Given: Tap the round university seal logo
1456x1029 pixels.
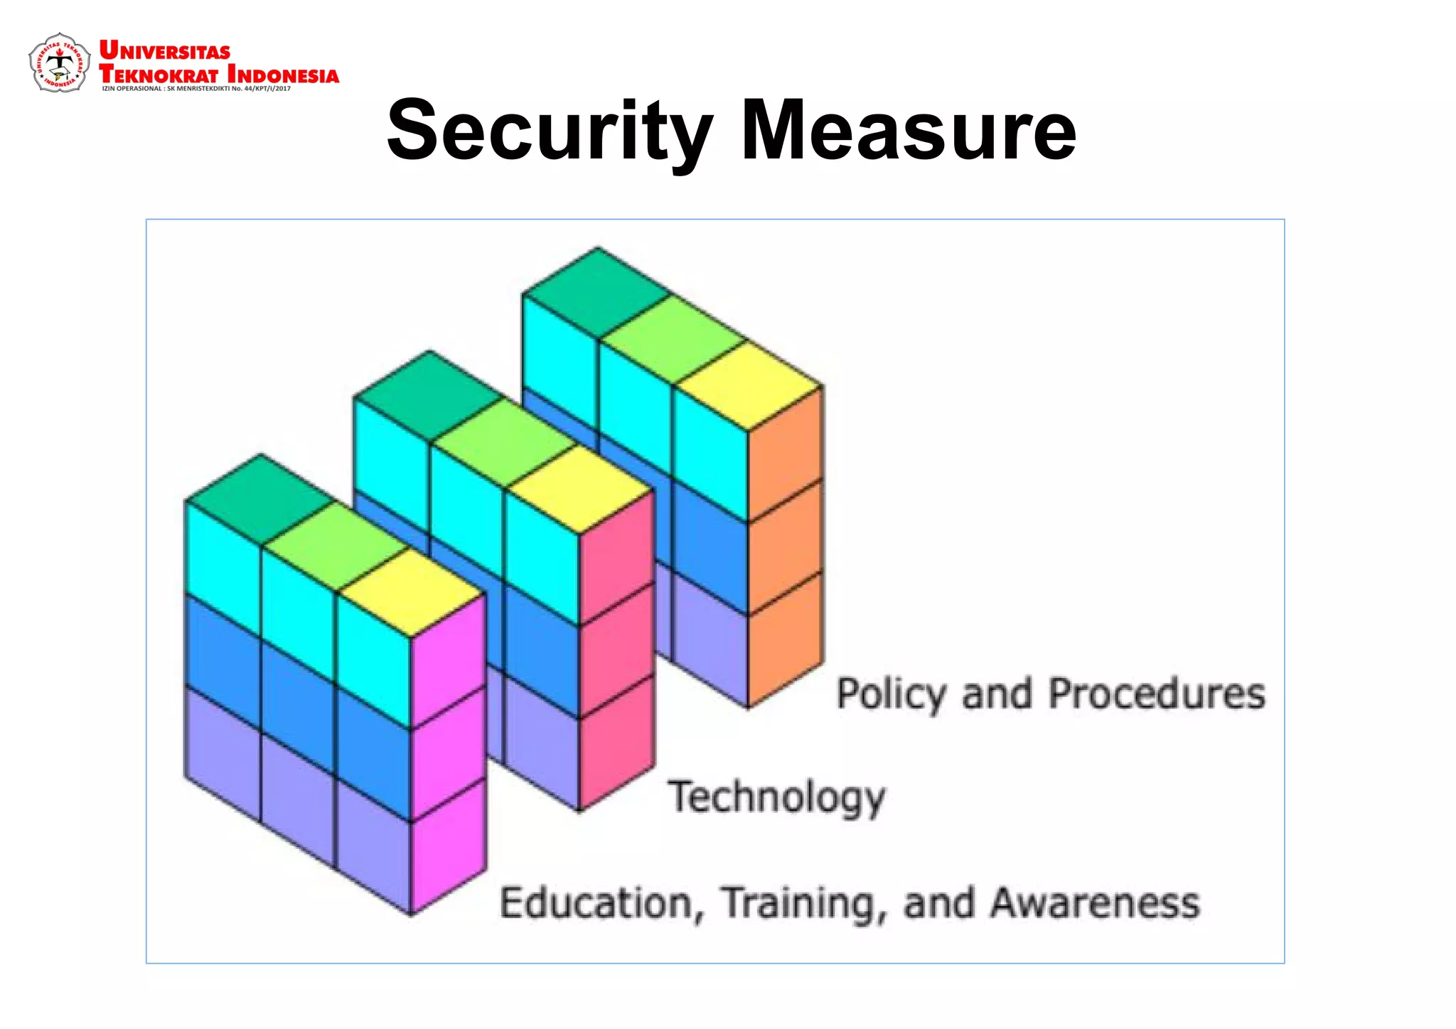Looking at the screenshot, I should tap(59, 63).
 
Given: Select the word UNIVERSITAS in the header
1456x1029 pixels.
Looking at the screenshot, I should tap(165, 51).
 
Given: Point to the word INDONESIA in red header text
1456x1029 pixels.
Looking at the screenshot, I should tap(283, 75).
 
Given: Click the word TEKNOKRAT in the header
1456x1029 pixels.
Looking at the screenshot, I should tap(159, 74).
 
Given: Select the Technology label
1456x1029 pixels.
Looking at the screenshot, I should tap(776, 797).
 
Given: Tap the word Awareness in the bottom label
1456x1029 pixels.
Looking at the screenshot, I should tap(1095, 903).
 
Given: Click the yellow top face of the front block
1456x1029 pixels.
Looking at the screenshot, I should tap(410, 592).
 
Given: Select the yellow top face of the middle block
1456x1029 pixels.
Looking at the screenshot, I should tap(579, 489).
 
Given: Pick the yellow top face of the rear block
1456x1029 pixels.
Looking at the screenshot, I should tap(747, 386).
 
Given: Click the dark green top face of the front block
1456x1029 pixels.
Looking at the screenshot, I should tap(261, 499).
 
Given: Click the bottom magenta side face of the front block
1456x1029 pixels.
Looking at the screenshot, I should tap(449, 846).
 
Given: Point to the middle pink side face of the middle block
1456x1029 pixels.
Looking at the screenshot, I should tap(616, 650).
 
